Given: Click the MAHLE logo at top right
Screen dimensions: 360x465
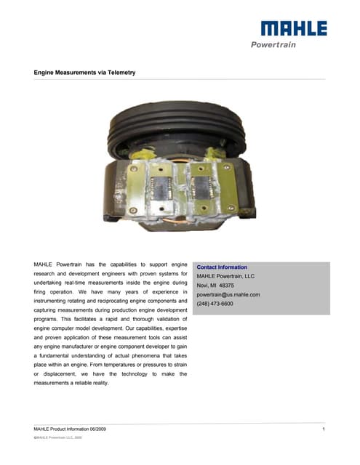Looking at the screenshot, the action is tap(294, 29).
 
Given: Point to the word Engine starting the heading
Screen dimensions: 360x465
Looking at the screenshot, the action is tap(46, 73).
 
